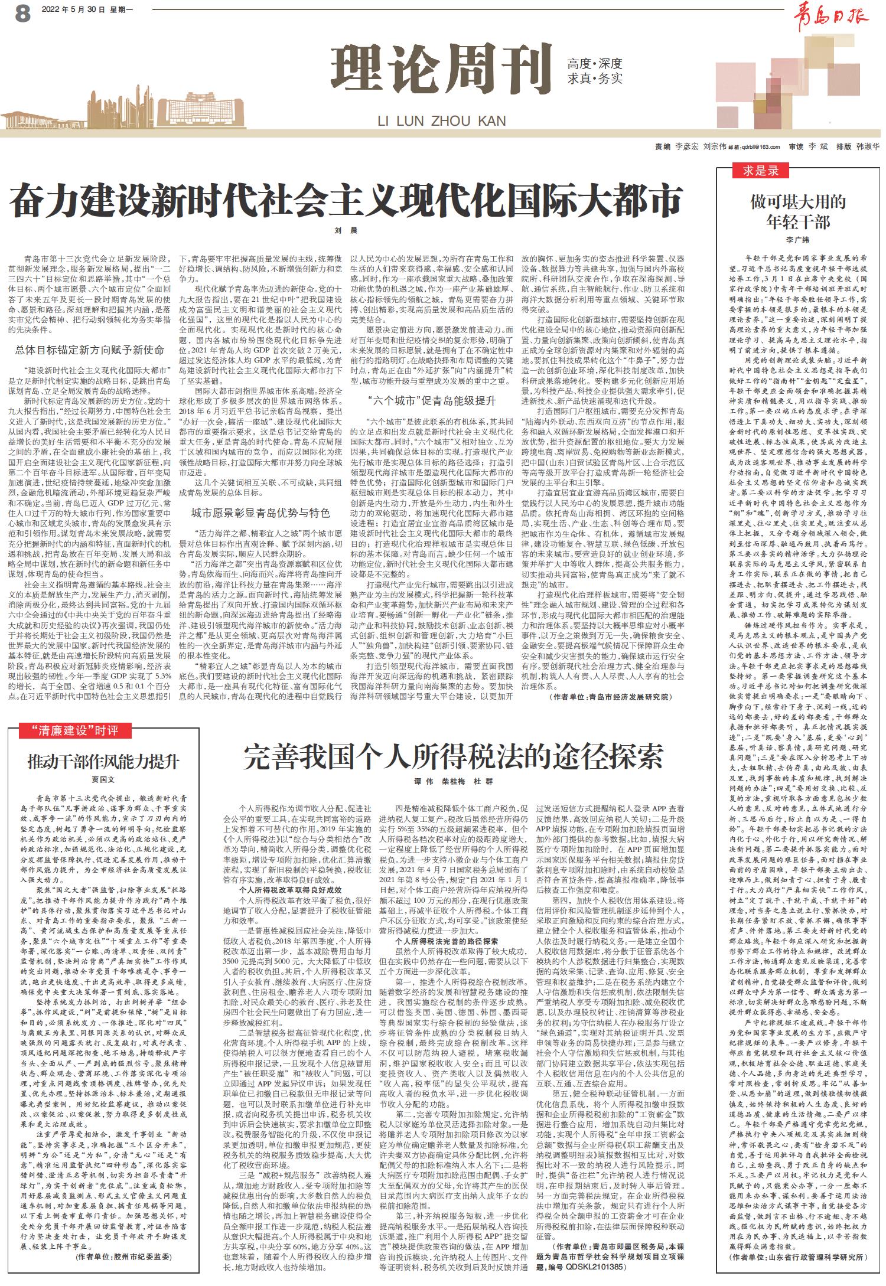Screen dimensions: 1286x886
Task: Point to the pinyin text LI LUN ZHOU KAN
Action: click(442, 121)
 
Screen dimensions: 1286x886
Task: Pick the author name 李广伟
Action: click(798, 240)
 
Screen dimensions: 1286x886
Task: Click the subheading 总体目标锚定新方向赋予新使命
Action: click(90, 350)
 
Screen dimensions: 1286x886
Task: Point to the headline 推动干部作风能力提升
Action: click(103, 761)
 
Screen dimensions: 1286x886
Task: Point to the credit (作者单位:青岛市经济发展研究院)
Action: click(611, 697)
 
